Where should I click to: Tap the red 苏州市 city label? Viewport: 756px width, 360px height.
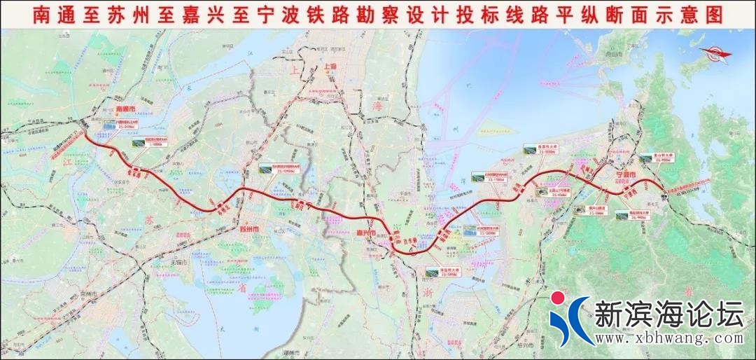point(248,229)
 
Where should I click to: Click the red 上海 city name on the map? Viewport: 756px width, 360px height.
point(330,68)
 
